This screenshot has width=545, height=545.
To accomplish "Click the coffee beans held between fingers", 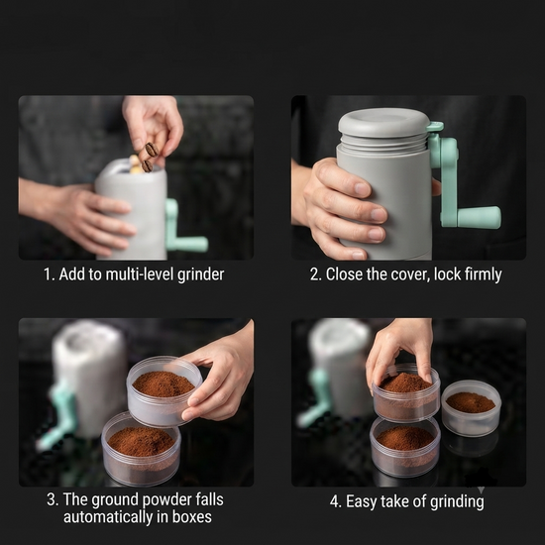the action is coord(150,157).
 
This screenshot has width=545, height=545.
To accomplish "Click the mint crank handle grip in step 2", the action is coord(479,217).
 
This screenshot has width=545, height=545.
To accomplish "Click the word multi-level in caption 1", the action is coord(140,274).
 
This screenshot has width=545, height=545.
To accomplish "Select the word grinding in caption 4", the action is coord(457,502).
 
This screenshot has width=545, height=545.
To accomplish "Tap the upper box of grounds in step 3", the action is coord(164,391).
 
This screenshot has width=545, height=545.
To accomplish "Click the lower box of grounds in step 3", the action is coord(141,449).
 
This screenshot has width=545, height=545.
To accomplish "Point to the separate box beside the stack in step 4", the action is coord(471,408).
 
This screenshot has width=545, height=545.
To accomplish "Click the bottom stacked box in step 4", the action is coord(405,447).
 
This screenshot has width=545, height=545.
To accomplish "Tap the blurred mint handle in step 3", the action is coord(58,415).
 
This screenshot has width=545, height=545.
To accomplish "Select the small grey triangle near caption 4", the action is coord(481,490).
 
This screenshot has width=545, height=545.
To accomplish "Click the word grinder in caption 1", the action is coord(200,274).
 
